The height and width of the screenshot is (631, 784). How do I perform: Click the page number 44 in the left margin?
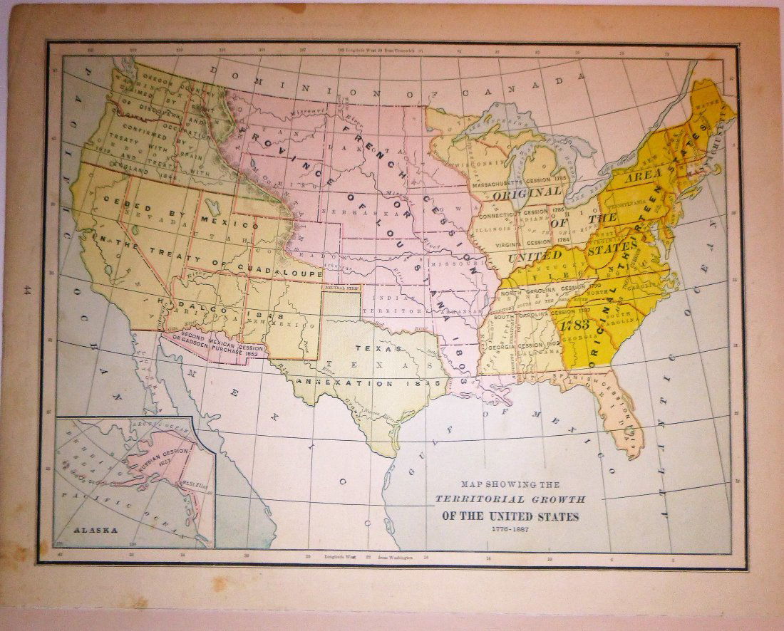27,290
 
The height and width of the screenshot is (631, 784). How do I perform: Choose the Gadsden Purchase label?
214,343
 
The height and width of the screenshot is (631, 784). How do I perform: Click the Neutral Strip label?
341,287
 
